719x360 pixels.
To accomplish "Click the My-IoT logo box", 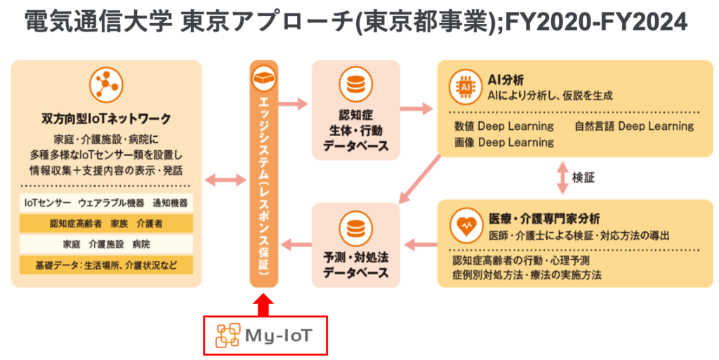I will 265,335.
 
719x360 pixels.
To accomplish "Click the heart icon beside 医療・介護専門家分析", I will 464,226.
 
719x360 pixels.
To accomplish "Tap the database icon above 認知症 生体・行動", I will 355,85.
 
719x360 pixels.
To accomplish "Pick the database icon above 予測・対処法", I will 355,227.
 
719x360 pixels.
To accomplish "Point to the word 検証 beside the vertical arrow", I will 583,178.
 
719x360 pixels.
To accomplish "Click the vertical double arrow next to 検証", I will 562,178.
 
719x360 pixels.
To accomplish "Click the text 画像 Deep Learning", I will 504,142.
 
